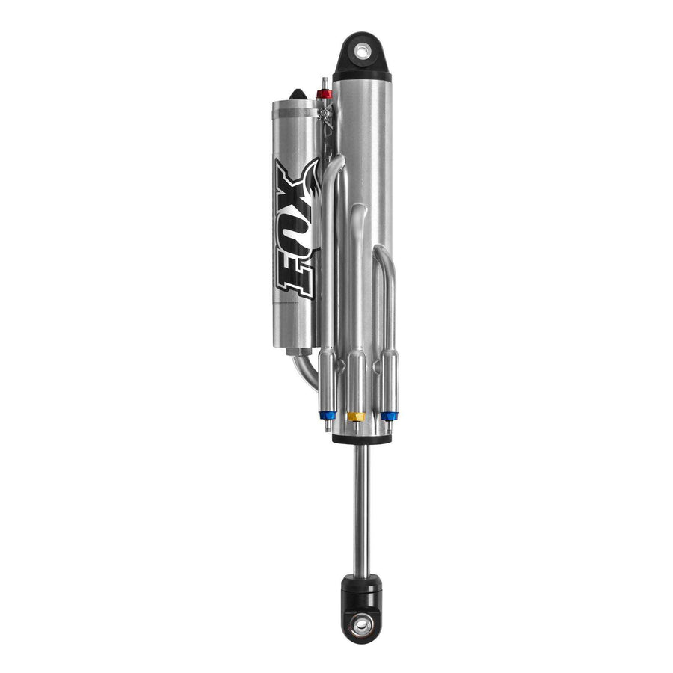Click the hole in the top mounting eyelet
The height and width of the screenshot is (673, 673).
tap(362, 52)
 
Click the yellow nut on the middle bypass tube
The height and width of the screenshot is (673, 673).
tap(356, 417)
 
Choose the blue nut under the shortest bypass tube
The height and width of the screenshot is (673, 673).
tap(390, 416)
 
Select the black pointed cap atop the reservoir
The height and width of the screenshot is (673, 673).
tap(298, 94)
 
